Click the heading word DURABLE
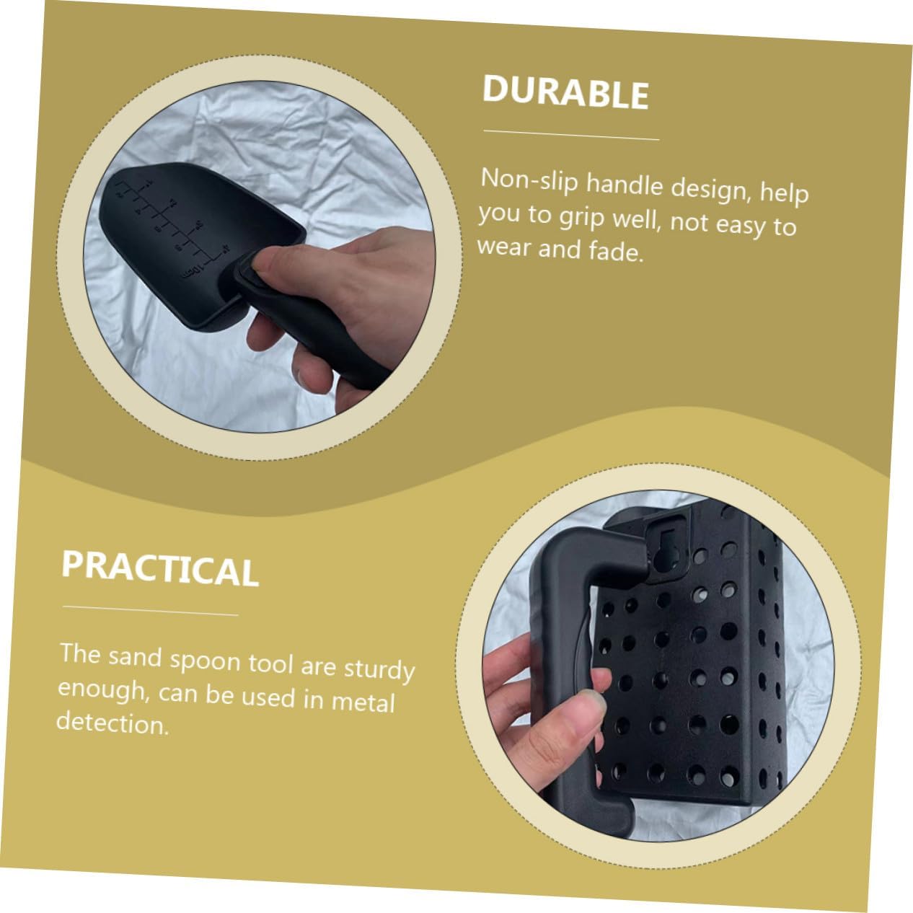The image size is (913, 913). coord(565,93)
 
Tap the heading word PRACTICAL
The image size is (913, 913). coord(160,569)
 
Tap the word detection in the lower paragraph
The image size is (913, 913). coord(113,722)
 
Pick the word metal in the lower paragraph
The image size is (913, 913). coord(363,701)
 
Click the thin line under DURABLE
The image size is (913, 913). coord(571,135)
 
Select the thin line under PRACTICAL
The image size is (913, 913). coord(150,611)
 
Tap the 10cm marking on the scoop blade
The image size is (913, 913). coord(191,270)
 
